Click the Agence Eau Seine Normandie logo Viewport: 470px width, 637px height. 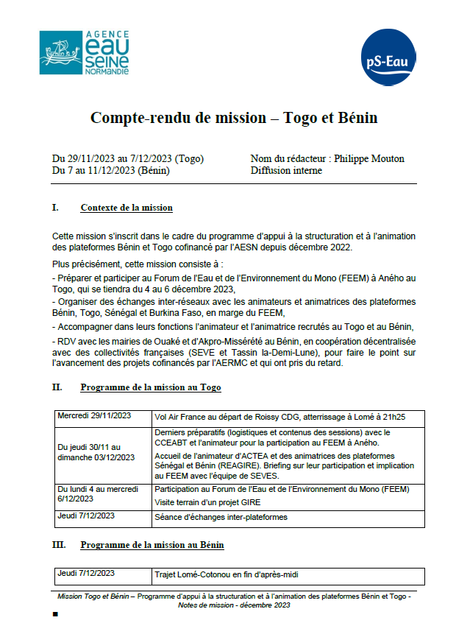[85, 52]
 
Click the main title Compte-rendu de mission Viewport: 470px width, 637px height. [233, 118]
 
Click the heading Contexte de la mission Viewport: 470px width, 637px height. [127, 208]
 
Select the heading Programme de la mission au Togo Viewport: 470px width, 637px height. [151, 387]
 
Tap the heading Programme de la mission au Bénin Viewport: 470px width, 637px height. [152, 545]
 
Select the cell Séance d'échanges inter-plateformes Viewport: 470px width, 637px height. [221, 517]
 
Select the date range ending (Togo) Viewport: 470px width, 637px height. [128, 158]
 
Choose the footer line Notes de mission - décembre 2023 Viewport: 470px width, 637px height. [234, 605]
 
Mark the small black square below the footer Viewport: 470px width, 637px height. [55, 613]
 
